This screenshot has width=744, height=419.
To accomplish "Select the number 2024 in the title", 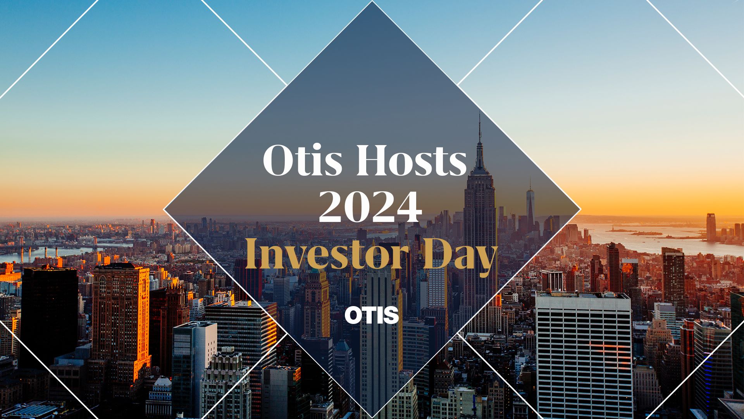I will click(x=370, y=208).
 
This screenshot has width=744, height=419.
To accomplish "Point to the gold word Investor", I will click(x=327, y=255).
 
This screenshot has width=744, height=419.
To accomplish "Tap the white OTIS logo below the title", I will click(x=372, y=315).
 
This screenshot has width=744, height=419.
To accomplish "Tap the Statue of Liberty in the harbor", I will click(x=612, y=228).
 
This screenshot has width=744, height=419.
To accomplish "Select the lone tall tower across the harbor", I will click(x=711, y=227).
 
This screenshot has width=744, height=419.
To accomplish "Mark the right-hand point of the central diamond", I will click(x=580, y=209).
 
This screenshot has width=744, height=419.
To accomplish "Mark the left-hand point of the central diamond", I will click(x=164, y=209).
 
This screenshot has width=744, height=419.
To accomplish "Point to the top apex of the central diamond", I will click(x=372, y=2).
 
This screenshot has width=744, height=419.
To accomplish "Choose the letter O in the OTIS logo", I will click(x=353, y=315).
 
